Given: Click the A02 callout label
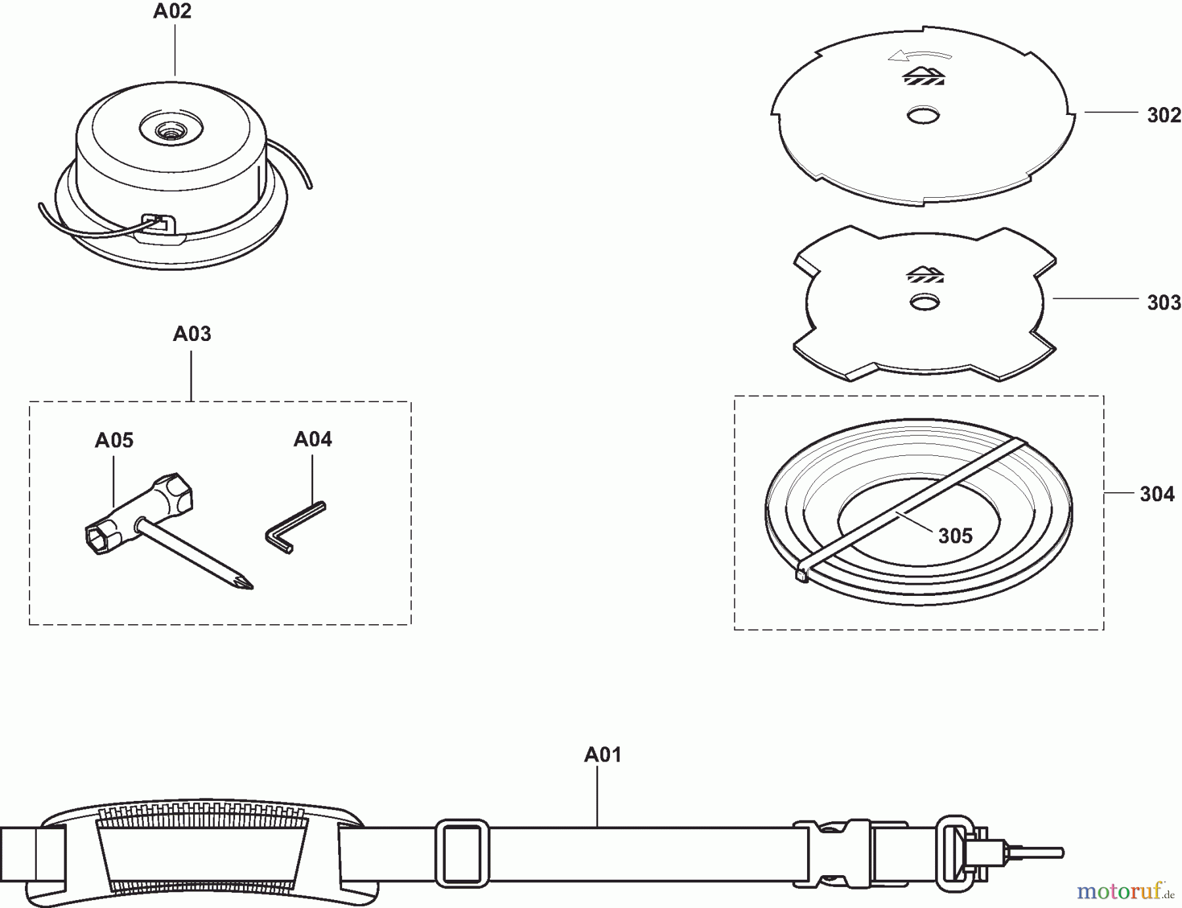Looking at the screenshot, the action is tap(172, 11).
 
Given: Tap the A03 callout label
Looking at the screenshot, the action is tap(192, 334).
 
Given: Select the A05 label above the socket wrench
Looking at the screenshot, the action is tap(114, 440).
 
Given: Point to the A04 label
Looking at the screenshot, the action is tap(313, 439).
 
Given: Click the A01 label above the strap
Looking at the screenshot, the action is tap(603, 755).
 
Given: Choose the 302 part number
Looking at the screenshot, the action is tap(1164, 116).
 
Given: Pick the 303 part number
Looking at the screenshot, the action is tap(1164, 303).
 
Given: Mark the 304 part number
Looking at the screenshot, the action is tap(1157, 494).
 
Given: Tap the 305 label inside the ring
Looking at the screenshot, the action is tap(955, 536).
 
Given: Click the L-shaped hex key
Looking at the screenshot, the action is tap(295, 528).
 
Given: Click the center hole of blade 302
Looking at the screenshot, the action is tap(923, 116).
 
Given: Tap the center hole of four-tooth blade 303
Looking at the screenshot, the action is tap(924, 302).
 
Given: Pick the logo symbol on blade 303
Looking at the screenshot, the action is tap(924, 274).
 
